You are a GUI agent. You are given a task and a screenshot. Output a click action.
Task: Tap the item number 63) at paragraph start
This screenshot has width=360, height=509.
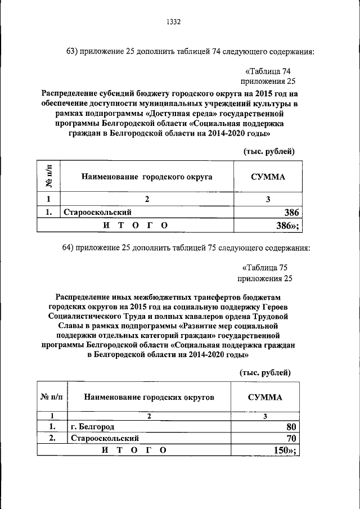pyautogui.click(x=74, y=52)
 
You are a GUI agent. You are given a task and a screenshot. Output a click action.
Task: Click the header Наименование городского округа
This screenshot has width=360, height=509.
pyautogui.click(x=147, y=176)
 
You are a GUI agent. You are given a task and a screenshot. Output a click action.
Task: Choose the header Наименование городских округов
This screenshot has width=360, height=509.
pyautogui.click(x=149, y=397)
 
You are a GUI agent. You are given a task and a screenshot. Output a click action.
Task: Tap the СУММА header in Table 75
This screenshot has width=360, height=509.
pyautogui.click(x=265, y=397)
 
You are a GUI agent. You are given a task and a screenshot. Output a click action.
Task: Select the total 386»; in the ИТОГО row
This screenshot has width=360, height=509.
pyautogui.click(x=286, y=226)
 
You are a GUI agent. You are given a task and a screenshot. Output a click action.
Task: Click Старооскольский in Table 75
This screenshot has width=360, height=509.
pyautogui.click(x=105, y=438)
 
